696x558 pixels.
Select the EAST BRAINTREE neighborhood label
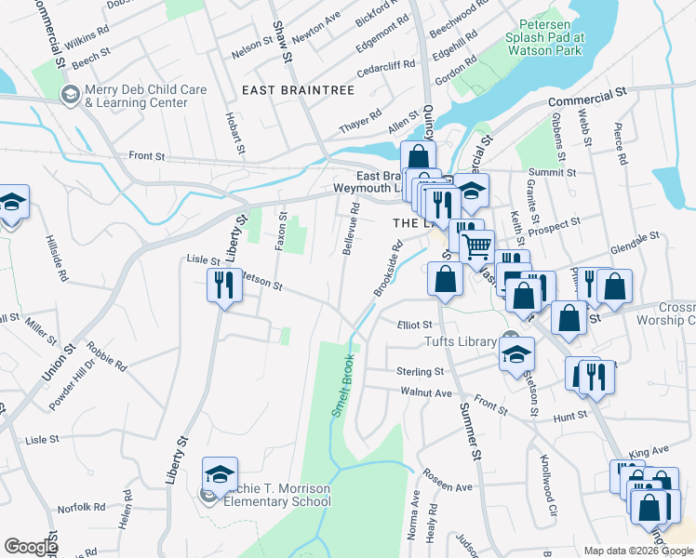tap(298, 90)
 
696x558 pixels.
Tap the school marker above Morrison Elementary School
tap(221, 476)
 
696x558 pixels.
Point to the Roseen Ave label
tap(448, 486)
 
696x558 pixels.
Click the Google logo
tap(31, 546)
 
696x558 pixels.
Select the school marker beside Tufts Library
tap(516, 353)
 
